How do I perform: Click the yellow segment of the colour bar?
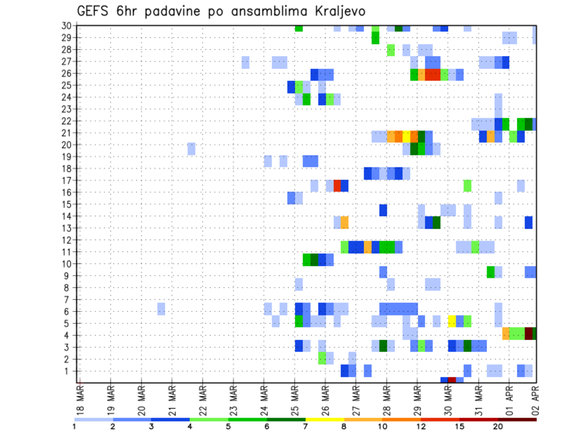click(324, 419)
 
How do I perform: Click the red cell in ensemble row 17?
click(337, 186)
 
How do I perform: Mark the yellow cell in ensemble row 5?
click(452, 321)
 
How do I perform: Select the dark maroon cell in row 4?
click(529, 333)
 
